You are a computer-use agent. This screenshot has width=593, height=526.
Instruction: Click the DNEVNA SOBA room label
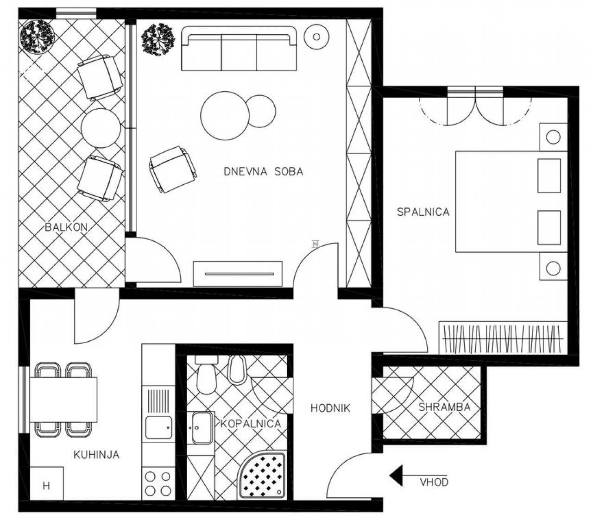[263, 171]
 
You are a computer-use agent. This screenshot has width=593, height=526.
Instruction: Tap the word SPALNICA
[423, 212]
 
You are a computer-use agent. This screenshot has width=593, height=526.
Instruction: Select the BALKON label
[66, 227]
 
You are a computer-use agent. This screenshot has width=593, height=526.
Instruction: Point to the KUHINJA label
[96, 455]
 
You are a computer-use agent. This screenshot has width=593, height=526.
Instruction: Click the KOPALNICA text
[251, 424]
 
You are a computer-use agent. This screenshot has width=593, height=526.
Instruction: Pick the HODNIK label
[330, 408]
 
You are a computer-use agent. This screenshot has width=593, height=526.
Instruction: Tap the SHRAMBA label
[444, 407]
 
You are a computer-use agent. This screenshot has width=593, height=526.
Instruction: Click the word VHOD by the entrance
[434, 482]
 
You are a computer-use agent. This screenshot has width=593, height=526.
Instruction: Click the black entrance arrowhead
[396, 476]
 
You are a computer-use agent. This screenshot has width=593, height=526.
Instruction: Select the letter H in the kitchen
[46, 486]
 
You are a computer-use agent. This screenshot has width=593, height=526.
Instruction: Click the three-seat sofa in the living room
[239, 49]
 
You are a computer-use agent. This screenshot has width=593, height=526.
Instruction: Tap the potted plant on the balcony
[37, 38]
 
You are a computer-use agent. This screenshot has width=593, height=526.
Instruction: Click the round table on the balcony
[101, 128]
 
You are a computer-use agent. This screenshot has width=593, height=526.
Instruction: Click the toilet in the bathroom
[206, 376]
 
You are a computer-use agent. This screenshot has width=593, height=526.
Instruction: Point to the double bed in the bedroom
[511, 201]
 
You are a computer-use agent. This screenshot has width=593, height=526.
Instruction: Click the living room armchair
[172, 169]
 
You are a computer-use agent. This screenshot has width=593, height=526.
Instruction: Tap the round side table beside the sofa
[316, 37]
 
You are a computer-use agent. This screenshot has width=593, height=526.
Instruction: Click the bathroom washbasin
[202, 428]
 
